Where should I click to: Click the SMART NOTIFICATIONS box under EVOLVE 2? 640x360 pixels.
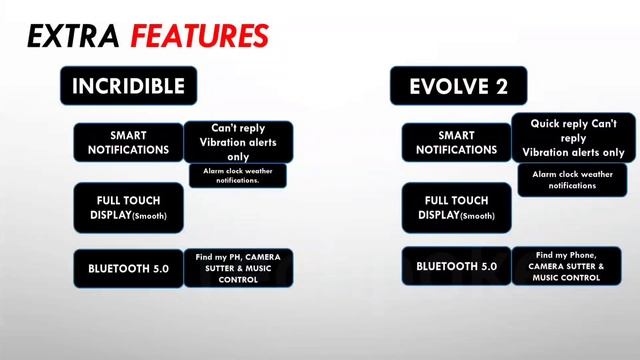coord(456,143)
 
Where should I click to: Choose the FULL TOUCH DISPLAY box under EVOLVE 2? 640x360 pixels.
coord(456,208)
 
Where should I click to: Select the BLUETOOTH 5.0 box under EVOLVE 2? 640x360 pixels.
coord(456,267)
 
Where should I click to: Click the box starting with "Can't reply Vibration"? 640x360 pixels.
coord(238,142)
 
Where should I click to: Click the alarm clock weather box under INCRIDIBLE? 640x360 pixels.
coord(238,175)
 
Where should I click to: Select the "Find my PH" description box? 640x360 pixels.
coord(238,267)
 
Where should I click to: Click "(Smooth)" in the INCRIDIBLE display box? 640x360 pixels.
coord(148,216)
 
